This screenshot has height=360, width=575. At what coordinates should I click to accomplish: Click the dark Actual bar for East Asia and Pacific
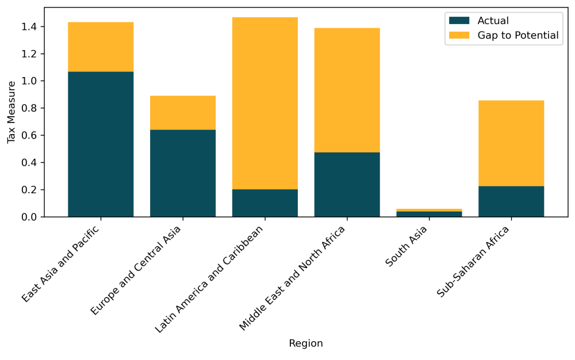[x=101, y=144]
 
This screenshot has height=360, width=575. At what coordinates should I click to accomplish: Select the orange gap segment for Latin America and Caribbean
[x=265, y=104]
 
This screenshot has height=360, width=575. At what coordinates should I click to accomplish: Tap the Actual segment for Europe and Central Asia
[x=183, y=173]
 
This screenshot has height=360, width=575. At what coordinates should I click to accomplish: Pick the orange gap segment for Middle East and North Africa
[x=347, y=90]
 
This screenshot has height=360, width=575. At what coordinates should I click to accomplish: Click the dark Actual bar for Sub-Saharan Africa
[x=511, y=201]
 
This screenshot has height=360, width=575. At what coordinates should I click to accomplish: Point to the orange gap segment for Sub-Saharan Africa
[x=511, y=143]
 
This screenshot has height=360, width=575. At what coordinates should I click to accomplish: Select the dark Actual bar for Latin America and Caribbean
[x=265, y=203]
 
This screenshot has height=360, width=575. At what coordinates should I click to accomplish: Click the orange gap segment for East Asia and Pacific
[x=101, y=47]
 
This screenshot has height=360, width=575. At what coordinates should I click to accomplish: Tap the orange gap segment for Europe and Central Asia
[x=183, y=113]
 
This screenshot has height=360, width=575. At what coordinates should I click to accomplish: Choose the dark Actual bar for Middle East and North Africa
[x=347, y=185]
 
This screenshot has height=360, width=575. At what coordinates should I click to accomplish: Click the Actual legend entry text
[x=493, y=21]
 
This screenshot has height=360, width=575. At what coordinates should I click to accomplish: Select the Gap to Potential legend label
[x=517, y=35]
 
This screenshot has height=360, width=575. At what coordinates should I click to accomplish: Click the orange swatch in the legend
[x=460, y=35]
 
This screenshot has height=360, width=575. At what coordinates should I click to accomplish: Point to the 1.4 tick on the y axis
[x=30, y=27]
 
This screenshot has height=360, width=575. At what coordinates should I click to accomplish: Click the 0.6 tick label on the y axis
[x=30, y=136]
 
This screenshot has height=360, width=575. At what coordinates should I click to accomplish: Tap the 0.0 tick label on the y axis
[x=30, y=217]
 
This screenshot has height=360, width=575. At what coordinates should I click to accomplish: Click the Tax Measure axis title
[x=11, y=112]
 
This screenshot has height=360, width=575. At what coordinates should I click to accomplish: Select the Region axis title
[x=305, y=343]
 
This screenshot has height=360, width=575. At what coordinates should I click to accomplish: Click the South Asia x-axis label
[x=407, y=246]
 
